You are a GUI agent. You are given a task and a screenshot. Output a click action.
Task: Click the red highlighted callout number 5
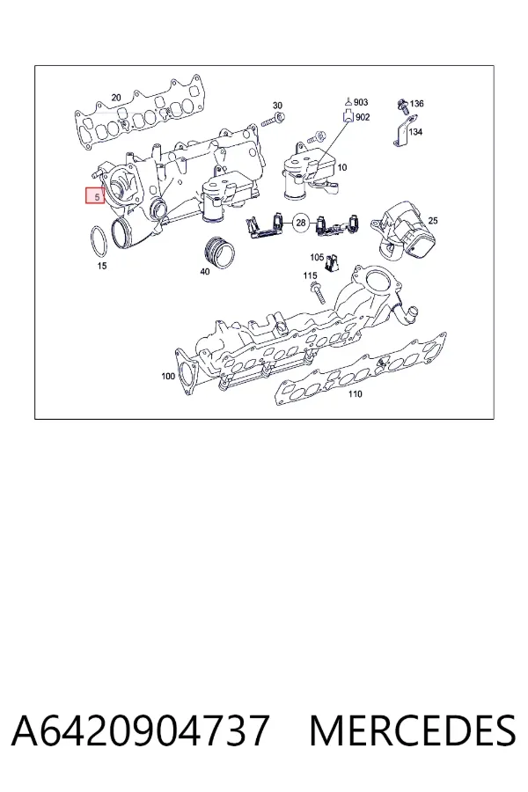tap(95, 195)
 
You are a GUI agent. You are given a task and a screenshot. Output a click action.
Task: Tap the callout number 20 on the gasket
tap(116, 98)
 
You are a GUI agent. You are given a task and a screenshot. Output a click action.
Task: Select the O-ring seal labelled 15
tap(99, 242)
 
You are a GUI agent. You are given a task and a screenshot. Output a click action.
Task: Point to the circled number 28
tap(301, 223)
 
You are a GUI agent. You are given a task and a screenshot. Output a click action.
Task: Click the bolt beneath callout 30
tap(274, 121)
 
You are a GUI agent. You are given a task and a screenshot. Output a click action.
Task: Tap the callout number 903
tap(361, 102)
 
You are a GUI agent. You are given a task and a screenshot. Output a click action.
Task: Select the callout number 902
tap(363, 117)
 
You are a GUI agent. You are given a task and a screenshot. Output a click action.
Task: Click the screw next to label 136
tap(403, 106)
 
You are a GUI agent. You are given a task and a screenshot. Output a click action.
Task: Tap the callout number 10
tap(342, 167)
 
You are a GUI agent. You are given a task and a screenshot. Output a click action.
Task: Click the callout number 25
tap(433, 221)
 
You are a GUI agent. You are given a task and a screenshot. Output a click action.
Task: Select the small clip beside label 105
tap(333, 262)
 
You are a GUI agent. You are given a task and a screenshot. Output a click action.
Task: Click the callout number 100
tap(168, 376)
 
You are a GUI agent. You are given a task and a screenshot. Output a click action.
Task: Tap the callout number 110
tap(356, 393)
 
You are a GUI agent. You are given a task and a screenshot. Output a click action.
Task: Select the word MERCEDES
tap(413, 730)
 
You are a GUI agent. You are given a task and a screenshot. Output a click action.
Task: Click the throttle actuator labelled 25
tap(404, 231)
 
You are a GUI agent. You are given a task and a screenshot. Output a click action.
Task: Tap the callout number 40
tap(205, 271)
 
